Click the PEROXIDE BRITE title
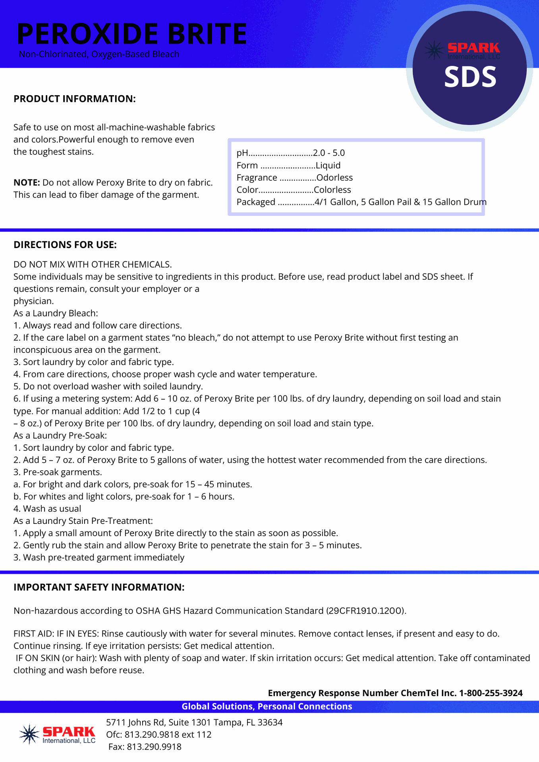pyautogui.click(x=132, y=34)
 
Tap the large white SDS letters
pyautogui.click(x=470, y=77)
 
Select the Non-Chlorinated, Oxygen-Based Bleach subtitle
pyautogui.click(x=99, y=54)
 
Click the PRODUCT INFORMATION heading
pyautogui.click(x=75, y=99)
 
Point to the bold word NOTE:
pyautogui.click(x=27, y=183)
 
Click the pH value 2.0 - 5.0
pyautogui.click(x=329, y=153)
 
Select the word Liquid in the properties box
pyautogui.click(x=328, y=165)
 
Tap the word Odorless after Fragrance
pyautogui.click(x=334, y=177)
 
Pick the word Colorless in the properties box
pyautogui.click(x=332, y=190)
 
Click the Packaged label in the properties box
pyautogui.click(x=256, y=202)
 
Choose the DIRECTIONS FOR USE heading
pyautogui.click(x=65, y=245)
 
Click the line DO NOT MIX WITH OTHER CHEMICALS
pyautogui.click(x=93, y=264)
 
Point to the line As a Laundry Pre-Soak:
pyautogui.click(x=60, y=435)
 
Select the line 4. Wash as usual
pyautogui.click(x=47, y=509)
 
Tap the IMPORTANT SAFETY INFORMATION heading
pyautogui.click(x=99, y=587)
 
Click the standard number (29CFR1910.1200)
pyautogui.click(x=366, y=611)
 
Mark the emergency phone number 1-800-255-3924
pyautogui.click(x=491, y=693)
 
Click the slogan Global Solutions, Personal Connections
pyautogui.click(x=267, y=706)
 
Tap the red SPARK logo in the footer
pyautogui.click(x=68, y=732)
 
